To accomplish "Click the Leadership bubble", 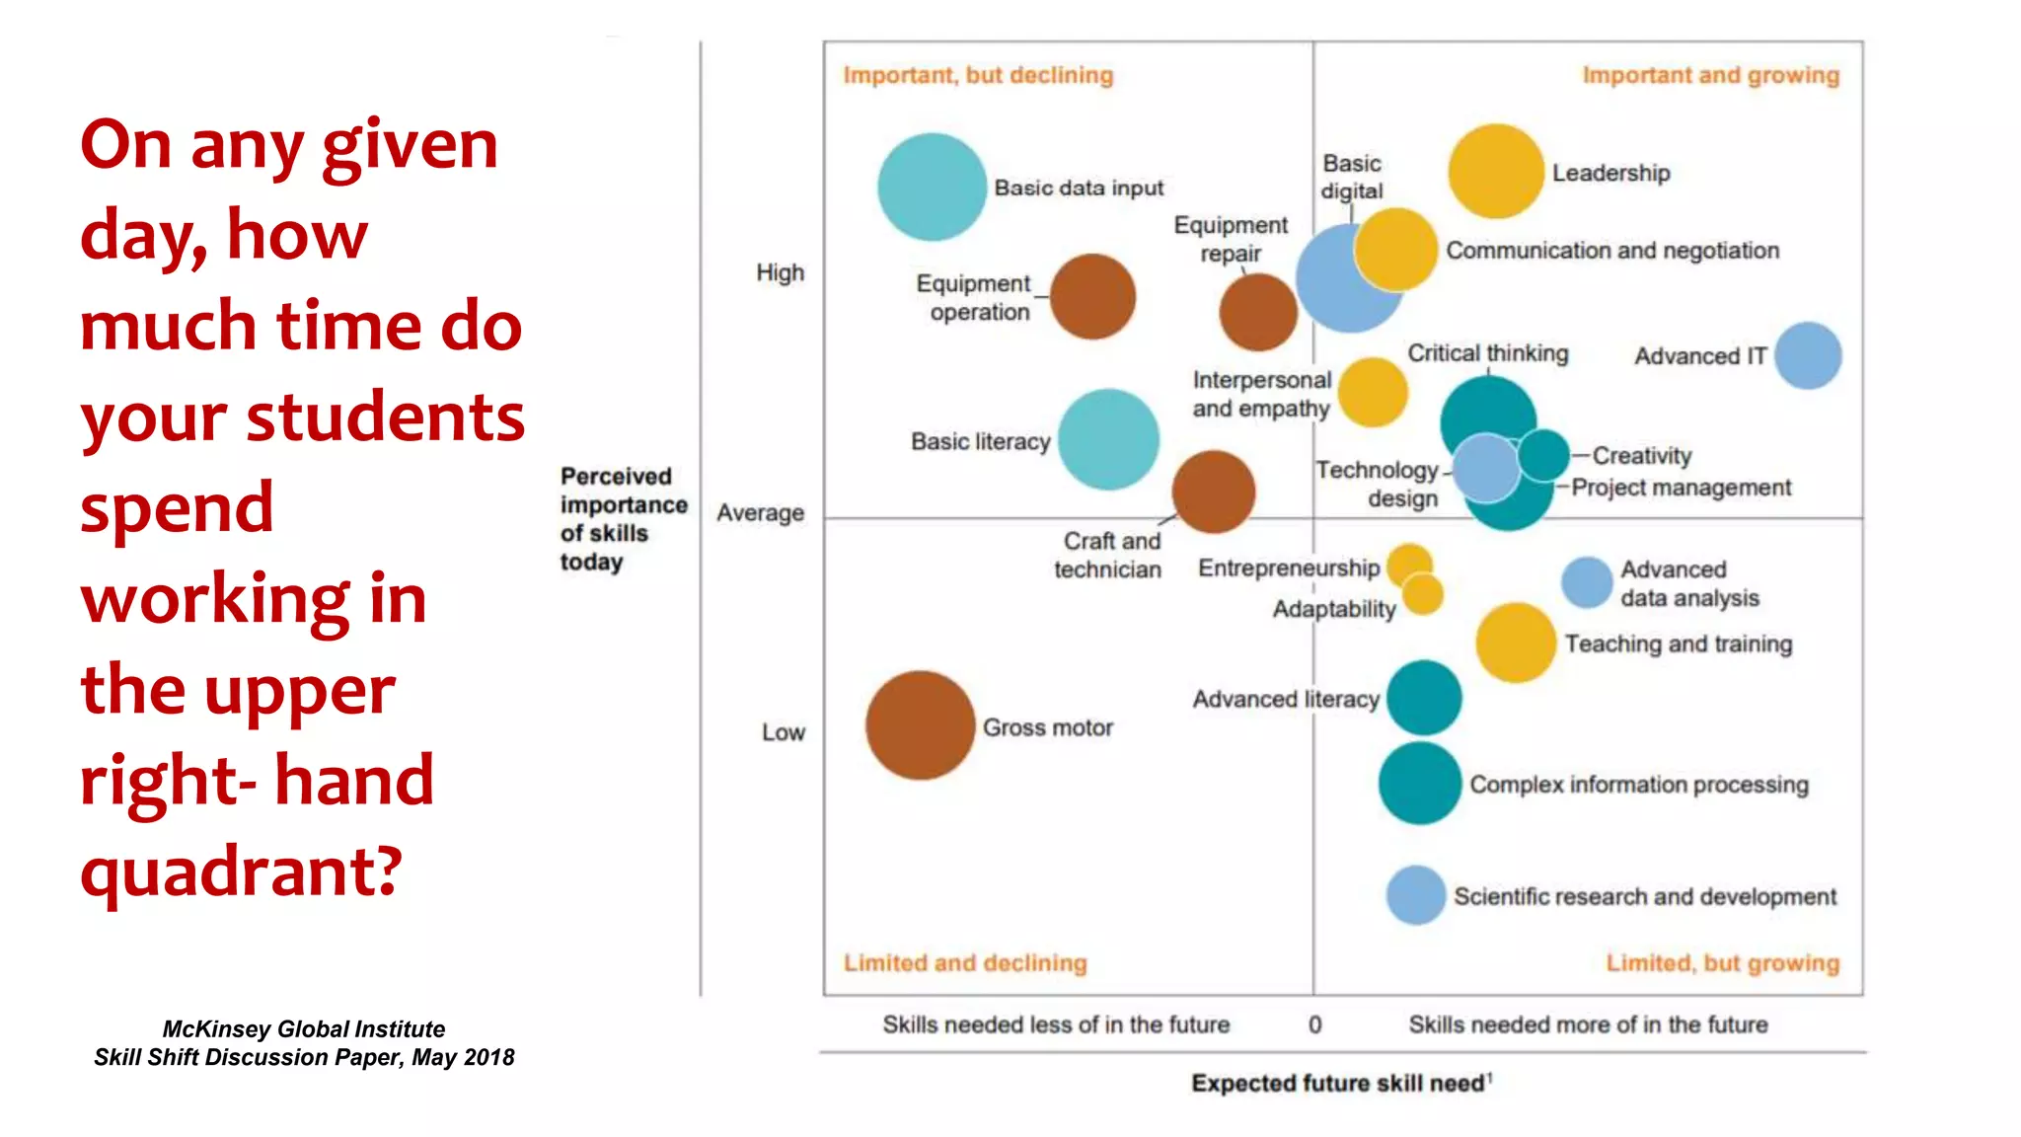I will pos(1495,172).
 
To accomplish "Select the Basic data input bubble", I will pos(932,188).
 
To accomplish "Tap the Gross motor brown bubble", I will pos(920,725).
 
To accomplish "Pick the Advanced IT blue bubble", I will pos(1807,355).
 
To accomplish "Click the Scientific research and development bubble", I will pos(1416,895).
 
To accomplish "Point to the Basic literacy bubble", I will pos(1108,439).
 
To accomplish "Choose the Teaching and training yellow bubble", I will pos(1516,643).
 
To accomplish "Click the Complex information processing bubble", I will pos(1420,784).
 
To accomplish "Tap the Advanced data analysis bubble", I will pos(1587,582).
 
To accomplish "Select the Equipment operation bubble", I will pos(1092,296).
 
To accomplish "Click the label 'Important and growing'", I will pos(1710,76).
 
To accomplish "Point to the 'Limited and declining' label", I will pos(964,962).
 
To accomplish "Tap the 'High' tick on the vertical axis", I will pos(780,272).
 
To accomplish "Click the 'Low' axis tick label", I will pos(783,732).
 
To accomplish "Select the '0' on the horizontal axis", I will pos(1314,1024).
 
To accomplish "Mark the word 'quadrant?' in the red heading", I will pos(242,871).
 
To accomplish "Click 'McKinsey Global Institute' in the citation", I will pos(303,1028).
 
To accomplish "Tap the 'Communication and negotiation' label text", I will pos(1611,251).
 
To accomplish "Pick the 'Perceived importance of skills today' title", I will pos(622,518).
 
